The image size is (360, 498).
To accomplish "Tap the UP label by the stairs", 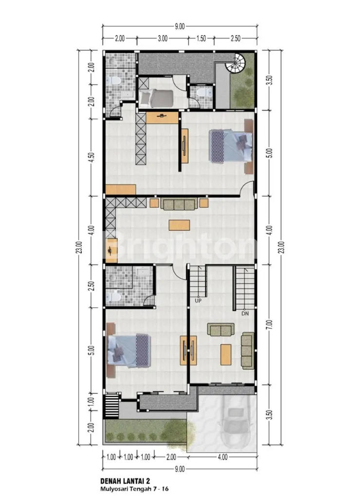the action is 198,301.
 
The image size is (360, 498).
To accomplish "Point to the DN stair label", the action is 245,313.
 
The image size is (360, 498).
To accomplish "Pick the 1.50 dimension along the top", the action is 201,38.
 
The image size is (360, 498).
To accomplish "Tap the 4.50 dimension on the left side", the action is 91,158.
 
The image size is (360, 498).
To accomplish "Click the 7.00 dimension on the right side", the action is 269,324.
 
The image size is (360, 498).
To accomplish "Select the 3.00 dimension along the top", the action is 162,38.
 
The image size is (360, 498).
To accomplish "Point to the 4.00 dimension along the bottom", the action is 222,457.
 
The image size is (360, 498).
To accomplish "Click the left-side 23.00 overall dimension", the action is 80,248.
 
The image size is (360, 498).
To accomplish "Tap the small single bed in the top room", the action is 156,98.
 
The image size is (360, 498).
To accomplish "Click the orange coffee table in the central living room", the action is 179,225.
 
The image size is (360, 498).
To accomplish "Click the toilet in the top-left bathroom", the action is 113,80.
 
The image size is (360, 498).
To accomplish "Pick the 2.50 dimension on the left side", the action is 91,286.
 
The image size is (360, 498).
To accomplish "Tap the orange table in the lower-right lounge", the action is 226,355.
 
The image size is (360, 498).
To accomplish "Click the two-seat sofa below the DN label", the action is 220,329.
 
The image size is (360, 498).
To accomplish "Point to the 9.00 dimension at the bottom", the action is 180,469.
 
